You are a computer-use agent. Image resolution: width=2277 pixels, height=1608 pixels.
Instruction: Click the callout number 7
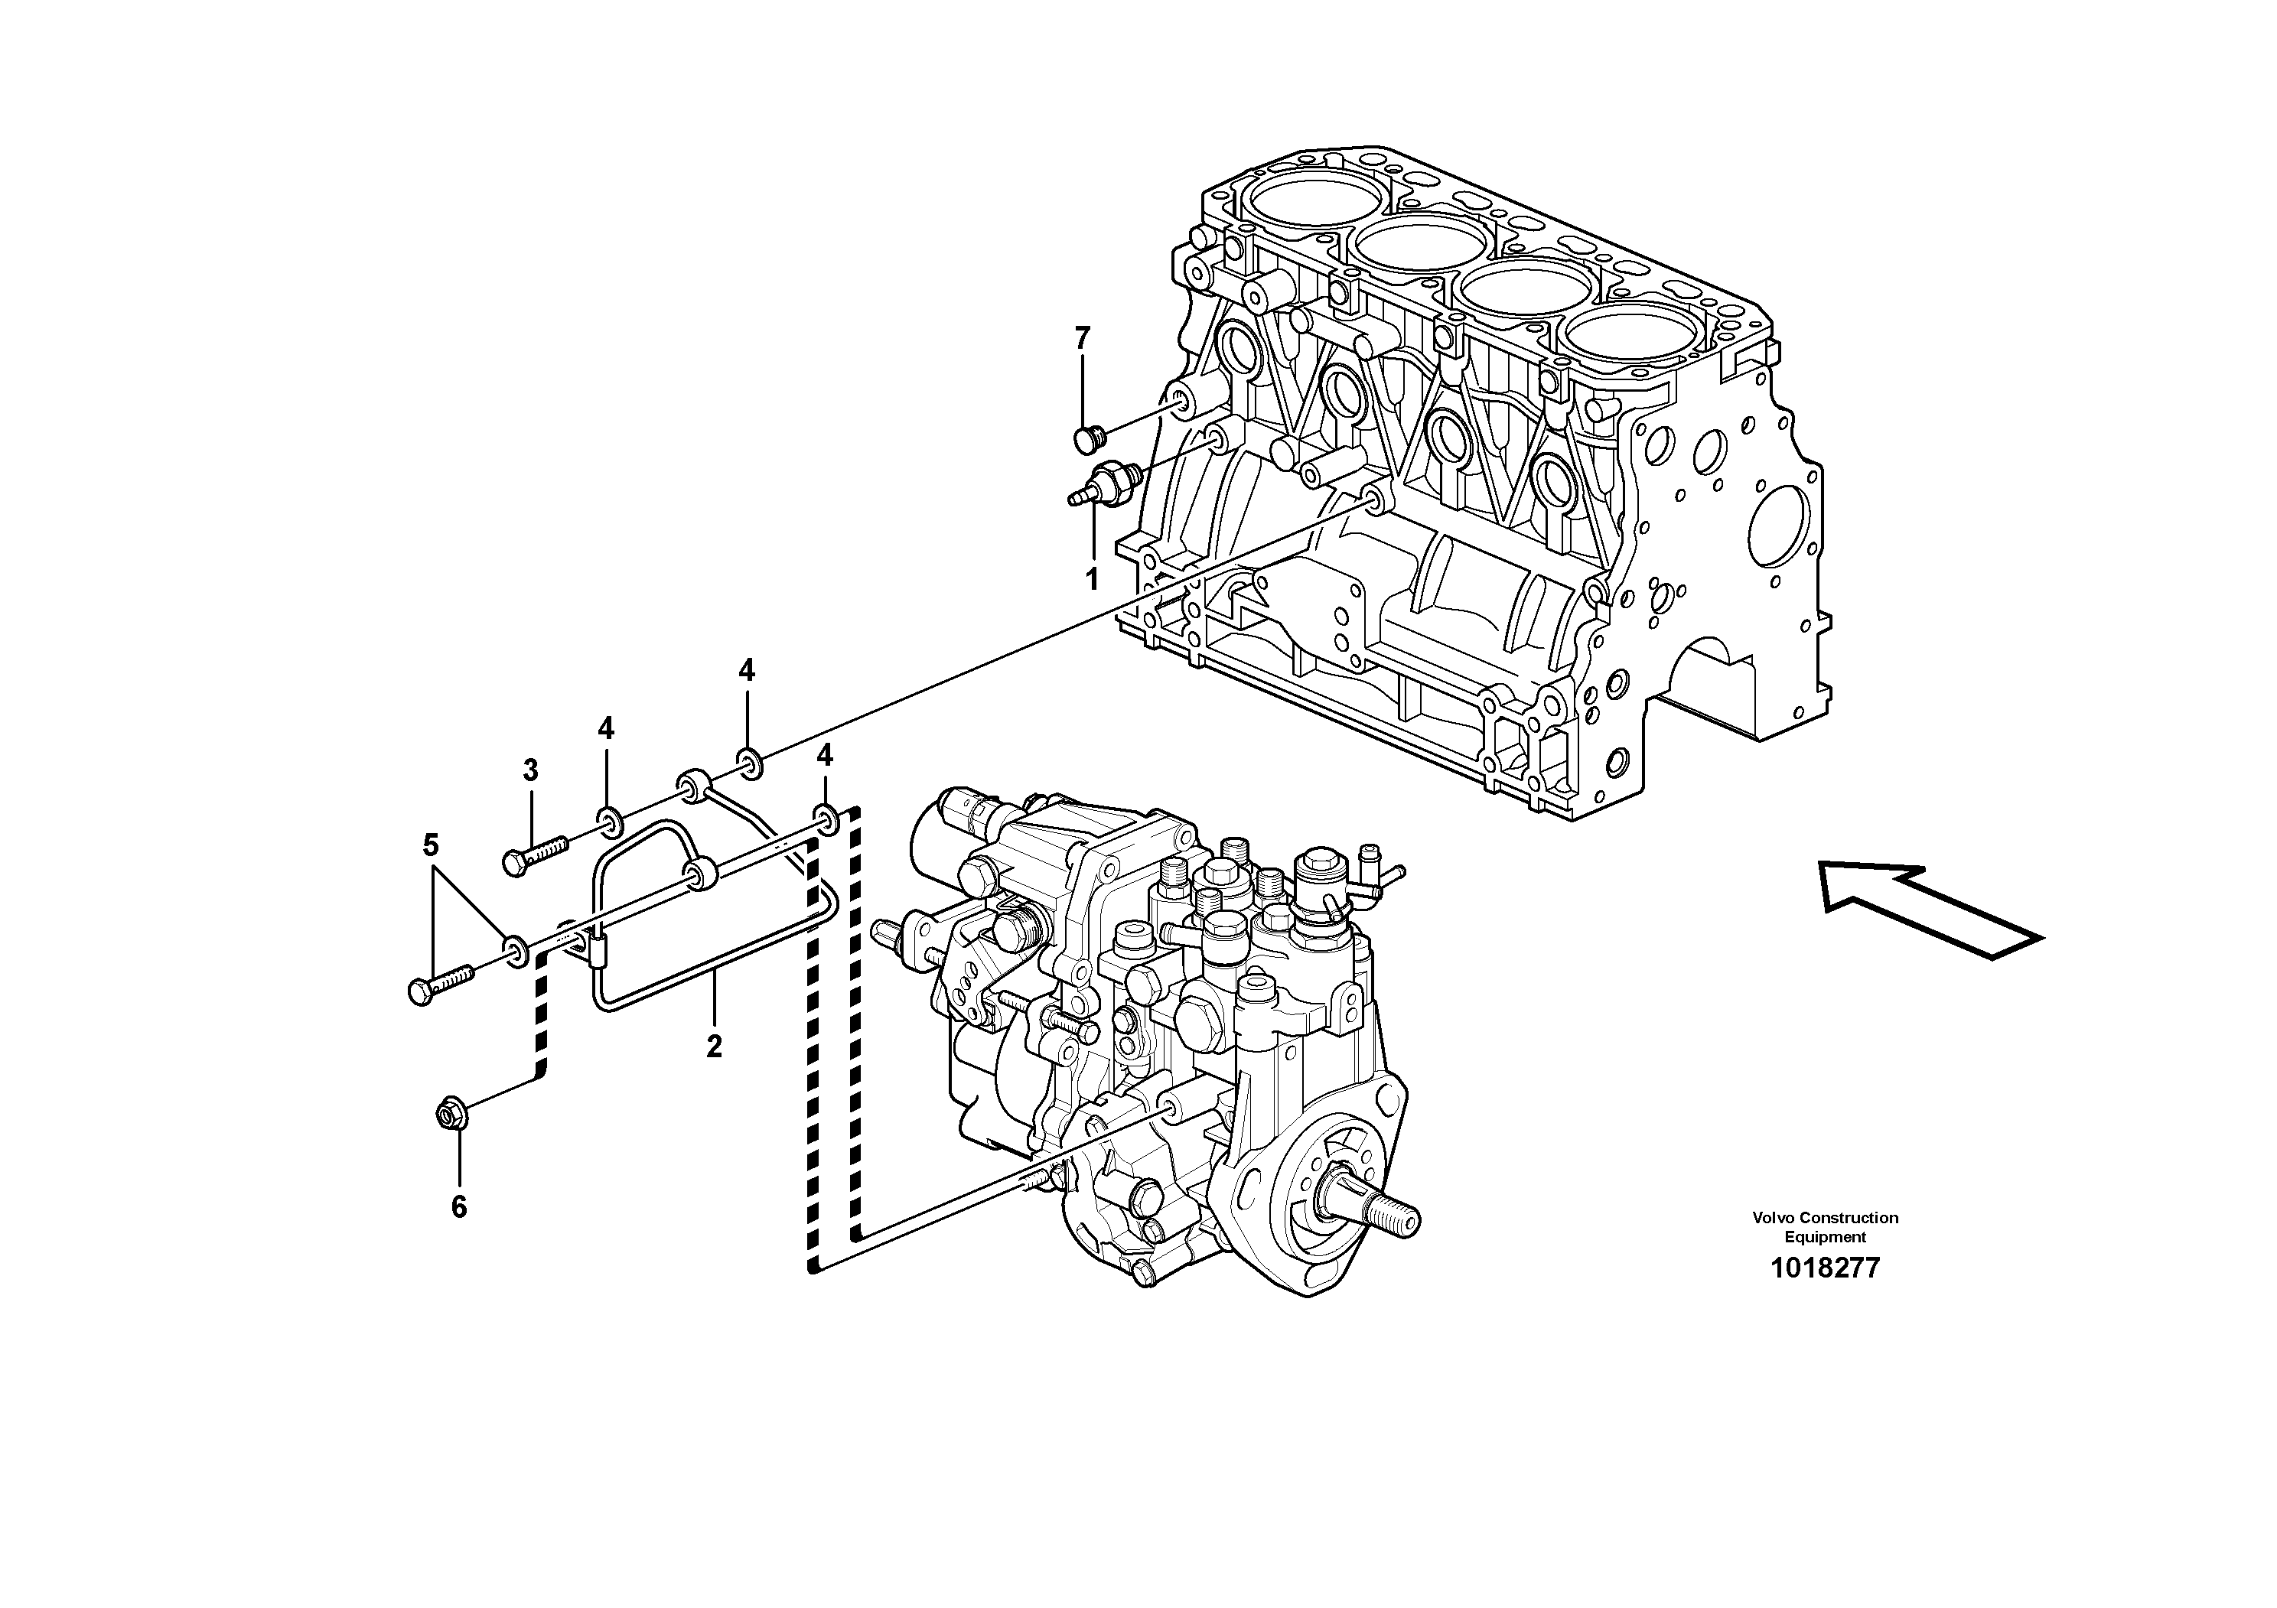1082,339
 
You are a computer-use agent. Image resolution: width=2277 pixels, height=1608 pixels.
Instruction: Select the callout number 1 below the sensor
1092,579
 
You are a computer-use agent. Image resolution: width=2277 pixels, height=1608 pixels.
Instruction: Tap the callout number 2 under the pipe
714,1046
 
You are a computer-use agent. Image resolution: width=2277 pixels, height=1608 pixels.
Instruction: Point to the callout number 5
431,845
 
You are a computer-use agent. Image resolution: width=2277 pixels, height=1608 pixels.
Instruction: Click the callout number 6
458,1206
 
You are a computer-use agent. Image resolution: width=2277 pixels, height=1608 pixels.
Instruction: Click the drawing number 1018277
1825,1268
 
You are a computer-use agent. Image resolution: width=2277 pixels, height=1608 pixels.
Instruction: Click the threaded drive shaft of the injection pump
1379,1217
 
